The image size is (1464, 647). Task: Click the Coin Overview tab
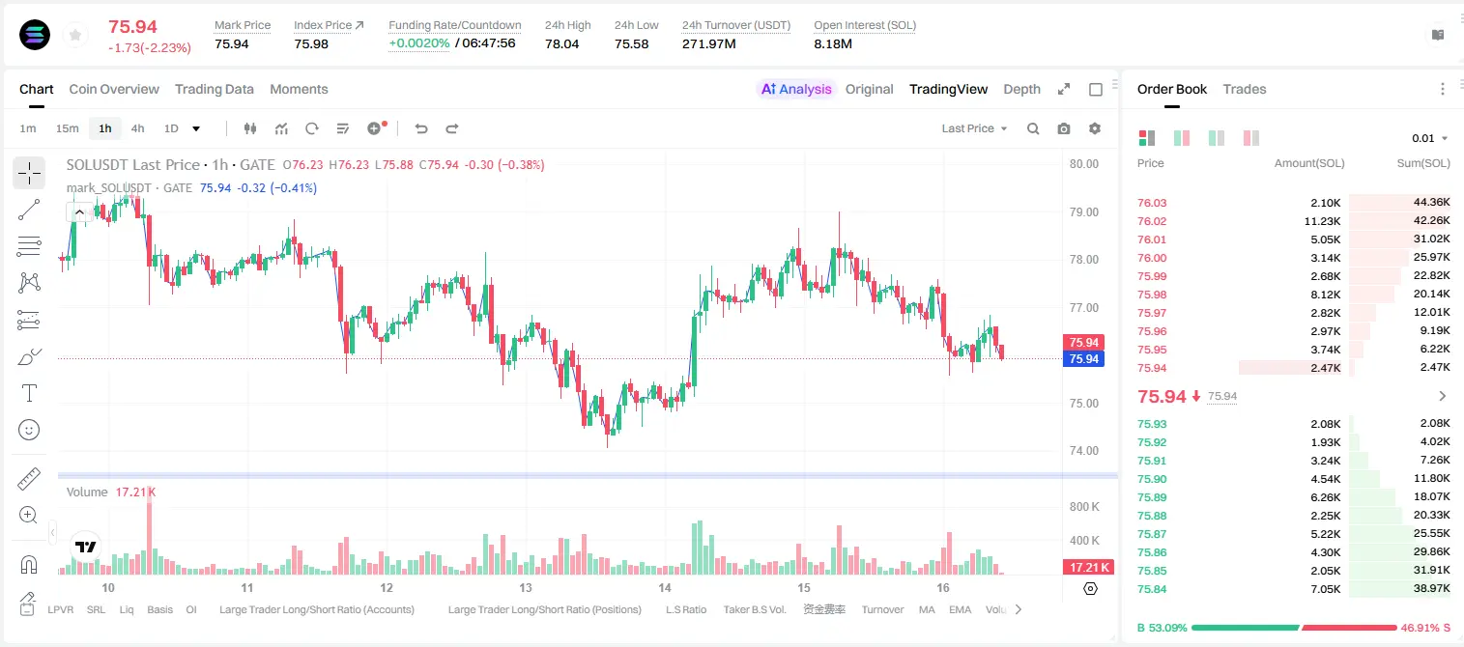114,89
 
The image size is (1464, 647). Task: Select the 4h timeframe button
137,128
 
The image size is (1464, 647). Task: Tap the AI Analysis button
796,89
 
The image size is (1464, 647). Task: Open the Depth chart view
1021,89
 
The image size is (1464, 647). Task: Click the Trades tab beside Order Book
1245,89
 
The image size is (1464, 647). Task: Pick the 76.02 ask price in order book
1152,221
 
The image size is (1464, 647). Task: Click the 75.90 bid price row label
1152,479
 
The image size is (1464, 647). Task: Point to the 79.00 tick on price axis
1083,212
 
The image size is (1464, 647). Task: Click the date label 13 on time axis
526,587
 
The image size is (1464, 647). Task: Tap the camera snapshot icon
1064,128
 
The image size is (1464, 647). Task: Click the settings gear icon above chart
1095,128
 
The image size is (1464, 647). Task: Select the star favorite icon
75,36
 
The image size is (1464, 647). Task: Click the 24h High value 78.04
562,43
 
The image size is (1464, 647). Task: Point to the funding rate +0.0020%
419,43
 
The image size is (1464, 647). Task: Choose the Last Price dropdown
974,128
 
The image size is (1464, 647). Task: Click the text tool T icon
29,393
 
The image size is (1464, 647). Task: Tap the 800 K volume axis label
1084,507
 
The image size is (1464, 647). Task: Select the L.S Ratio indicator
685,609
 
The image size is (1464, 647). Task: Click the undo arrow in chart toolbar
421,128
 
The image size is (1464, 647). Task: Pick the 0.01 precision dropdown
1430,138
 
